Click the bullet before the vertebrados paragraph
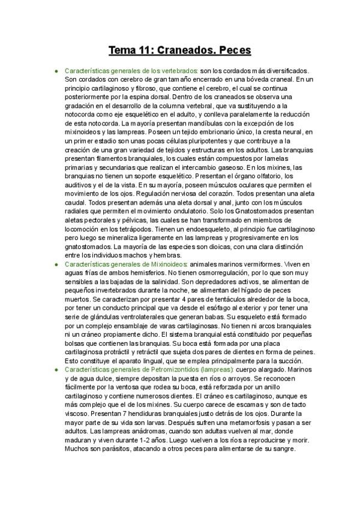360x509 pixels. (x=56, y=71)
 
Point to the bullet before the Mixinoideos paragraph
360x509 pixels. (x=56, y=264)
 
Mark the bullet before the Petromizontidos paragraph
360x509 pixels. (x=56, y=370)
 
